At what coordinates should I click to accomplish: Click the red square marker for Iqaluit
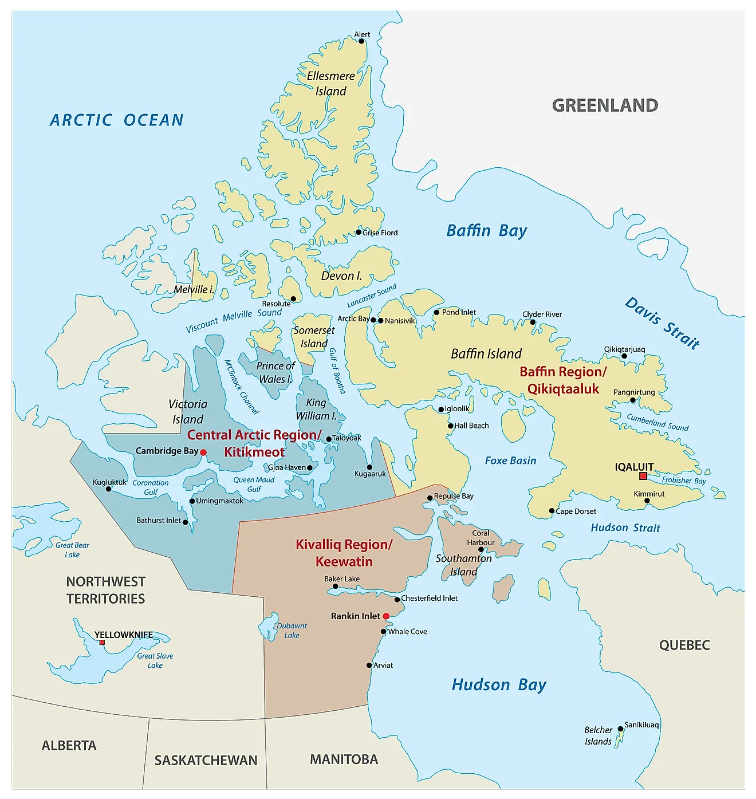(643, 476)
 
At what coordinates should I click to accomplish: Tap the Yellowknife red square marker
(102, 642)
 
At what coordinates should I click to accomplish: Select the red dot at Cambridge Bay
(203, 452)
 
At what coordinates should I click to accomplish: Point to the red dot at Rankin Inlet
(386, 616)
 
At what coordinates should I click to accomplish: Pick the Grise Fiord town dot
(359, 233)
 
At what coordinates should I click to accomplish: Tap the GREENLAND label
(605, 105)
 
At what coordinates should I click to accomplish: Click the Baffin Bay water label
(486, 231)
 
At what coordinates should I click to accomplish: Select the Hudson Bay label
(499, 685)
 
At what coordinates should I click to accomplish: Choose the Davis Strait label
(662, 323)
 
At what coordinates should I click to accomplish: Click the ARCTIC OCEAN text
(117, 120)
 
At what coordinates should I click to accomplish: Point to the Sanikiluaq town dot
(620, 729)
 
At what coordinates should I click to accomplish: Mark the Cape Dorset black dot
(552, 511)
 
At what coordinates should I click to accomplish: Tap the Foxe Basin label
(510, 460)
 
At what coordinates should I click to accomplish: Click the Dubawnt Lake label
(292, 631)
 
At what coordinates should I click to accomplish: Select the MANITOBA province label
(344, 759)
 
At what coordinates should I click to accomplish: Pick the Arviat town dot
(369, 666)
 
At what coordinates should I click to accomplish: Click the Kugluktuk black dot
(109, 489)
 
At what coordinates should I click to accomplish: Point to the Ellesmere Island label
(330, 84)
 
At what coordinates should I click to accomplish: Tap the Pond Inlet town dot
(436, 313)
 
